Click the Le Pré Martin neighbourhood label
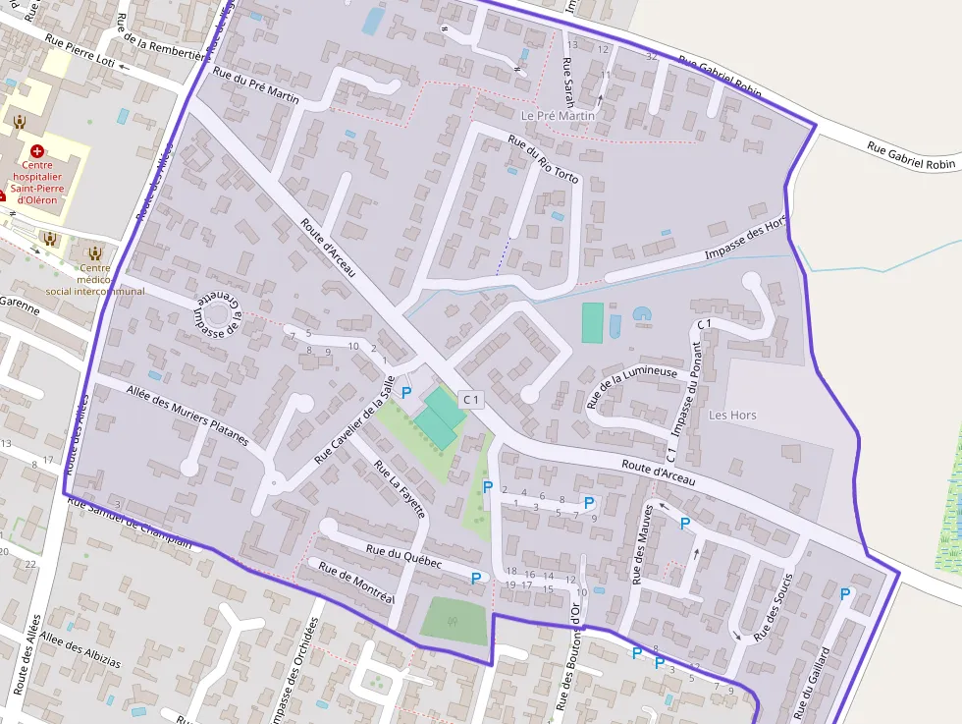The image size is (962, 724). (558, 115)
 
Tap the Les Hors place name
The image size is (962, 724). (732, 415)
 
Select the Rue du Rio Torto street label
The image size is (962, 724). (544, 158)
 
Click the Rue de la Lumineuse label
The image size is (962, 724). (632, 386)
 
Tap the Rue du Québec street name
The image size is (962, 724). (403, 555)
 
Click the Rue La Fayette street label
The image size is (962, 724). (401, 488)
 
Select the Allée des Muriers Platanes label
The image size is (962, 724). (187, 415)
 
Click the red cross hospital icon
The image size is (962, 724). (37, 151)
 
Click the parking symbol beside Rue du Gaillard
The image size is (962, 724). (845, 593)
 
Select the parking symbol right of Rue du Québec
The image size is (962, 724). (476, 578)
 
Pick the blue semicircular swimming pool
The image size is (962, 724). (642, 314)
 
